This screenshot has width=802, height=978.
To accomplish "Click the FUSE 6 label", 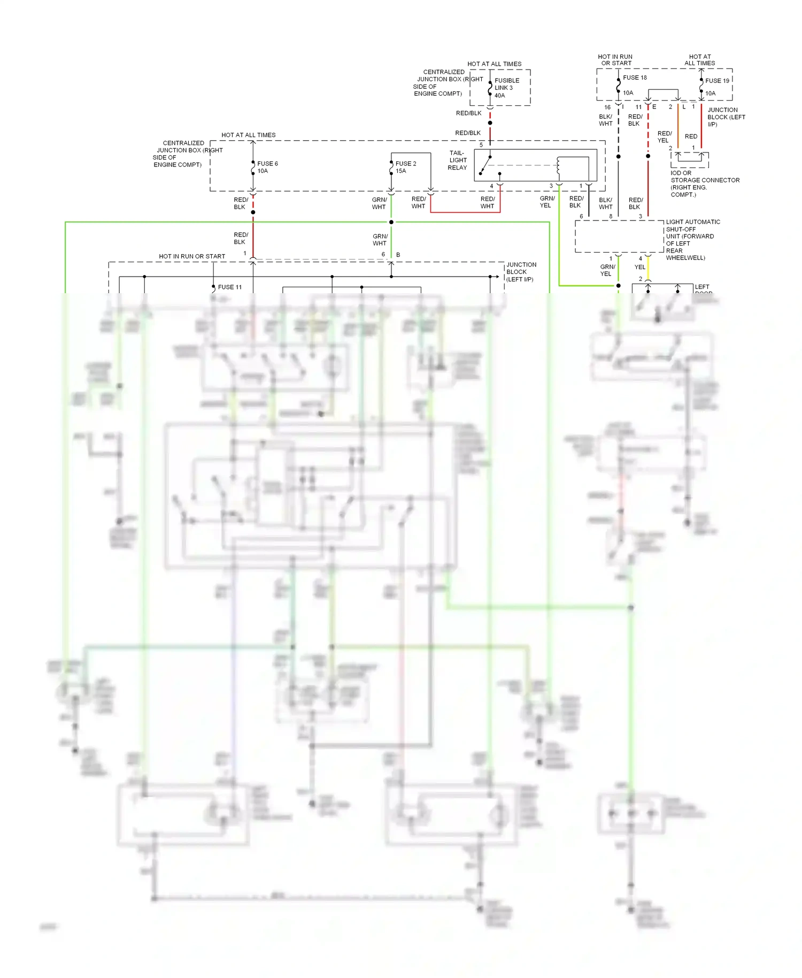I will click(x=267, y=164).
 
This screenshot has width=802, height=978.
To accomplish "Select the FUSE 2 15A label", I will click(x=405, y=167).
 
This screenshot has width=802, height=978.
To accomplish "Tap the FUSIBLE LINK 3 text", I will click(x=506, y=84).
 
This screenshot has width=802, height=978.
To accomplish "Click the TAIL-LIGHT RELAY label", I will click(x=458, y=161).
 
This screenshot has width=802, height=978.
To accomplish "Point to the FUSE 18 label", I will click(x=635, y=78).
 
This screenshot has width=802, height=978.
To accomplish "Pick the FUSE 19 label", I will click(x=717, y=81).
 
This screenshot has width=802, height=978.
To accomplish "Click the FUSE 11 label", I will click(x=230, y=287).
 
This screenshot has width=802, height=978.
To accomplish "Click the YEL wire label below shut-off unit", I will click(x=640, y=267).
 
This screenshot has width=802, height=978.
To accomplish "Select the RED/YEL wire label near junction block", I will click(x=664, y=137).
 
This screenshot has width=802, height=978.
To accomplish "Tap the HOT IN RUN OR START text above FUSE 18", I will click(x=615, y=60).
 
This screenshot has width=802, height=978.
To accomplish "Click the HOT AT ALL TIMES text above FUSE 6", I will click(x=249, y=135).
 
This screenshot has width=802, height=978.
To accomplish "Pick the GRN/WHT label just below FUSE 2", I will click(x=379, y=203).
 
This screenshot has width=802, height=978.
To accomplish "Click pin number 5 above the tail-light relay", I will click(x=481, y=145).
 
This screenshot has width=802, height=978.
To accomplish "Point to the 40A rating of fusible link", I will click(x=499, y=96).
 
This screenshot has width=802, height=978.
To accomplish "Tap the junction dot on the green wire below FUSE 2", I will click(x=391, y=222).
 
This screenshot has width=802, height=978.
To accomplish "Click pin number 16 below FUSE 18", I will click(x=607, y=108).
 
